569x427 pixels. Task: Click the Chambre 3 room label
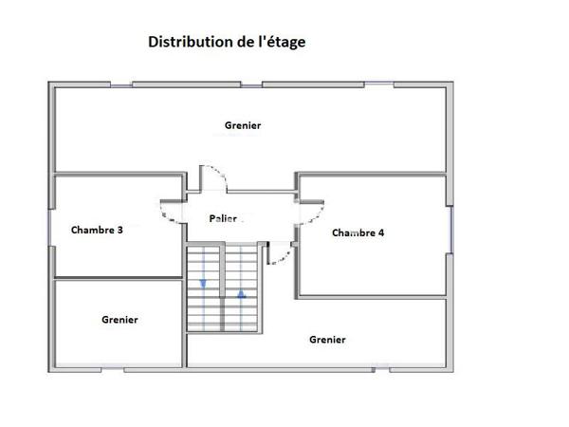tap(97, 230)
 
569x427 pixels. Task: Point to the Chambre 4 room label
tap(358, 232)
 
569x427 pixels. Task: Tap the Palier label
tap(223, 218)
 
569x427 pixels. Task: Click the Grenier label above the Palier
tap(243, 125)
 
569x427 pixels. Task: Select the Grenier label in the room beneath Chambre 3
tap(119, 320)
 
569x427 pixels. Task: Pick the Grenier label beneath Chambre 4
tap(327, 340)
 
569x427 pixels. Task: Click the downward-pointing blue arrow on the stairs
tap(204, 284)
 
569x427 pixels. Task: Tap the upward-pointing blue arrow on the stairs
tap(242, 293)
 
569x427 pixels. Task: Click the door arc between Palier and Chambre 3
tap(171, 211)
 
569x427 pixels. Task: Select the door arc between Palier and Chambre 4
tap(313, 211)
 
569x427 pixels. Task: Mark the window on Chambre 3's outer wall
tap(50, 229)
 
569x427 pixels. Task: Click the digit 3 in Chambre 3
tap(120, 230)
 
